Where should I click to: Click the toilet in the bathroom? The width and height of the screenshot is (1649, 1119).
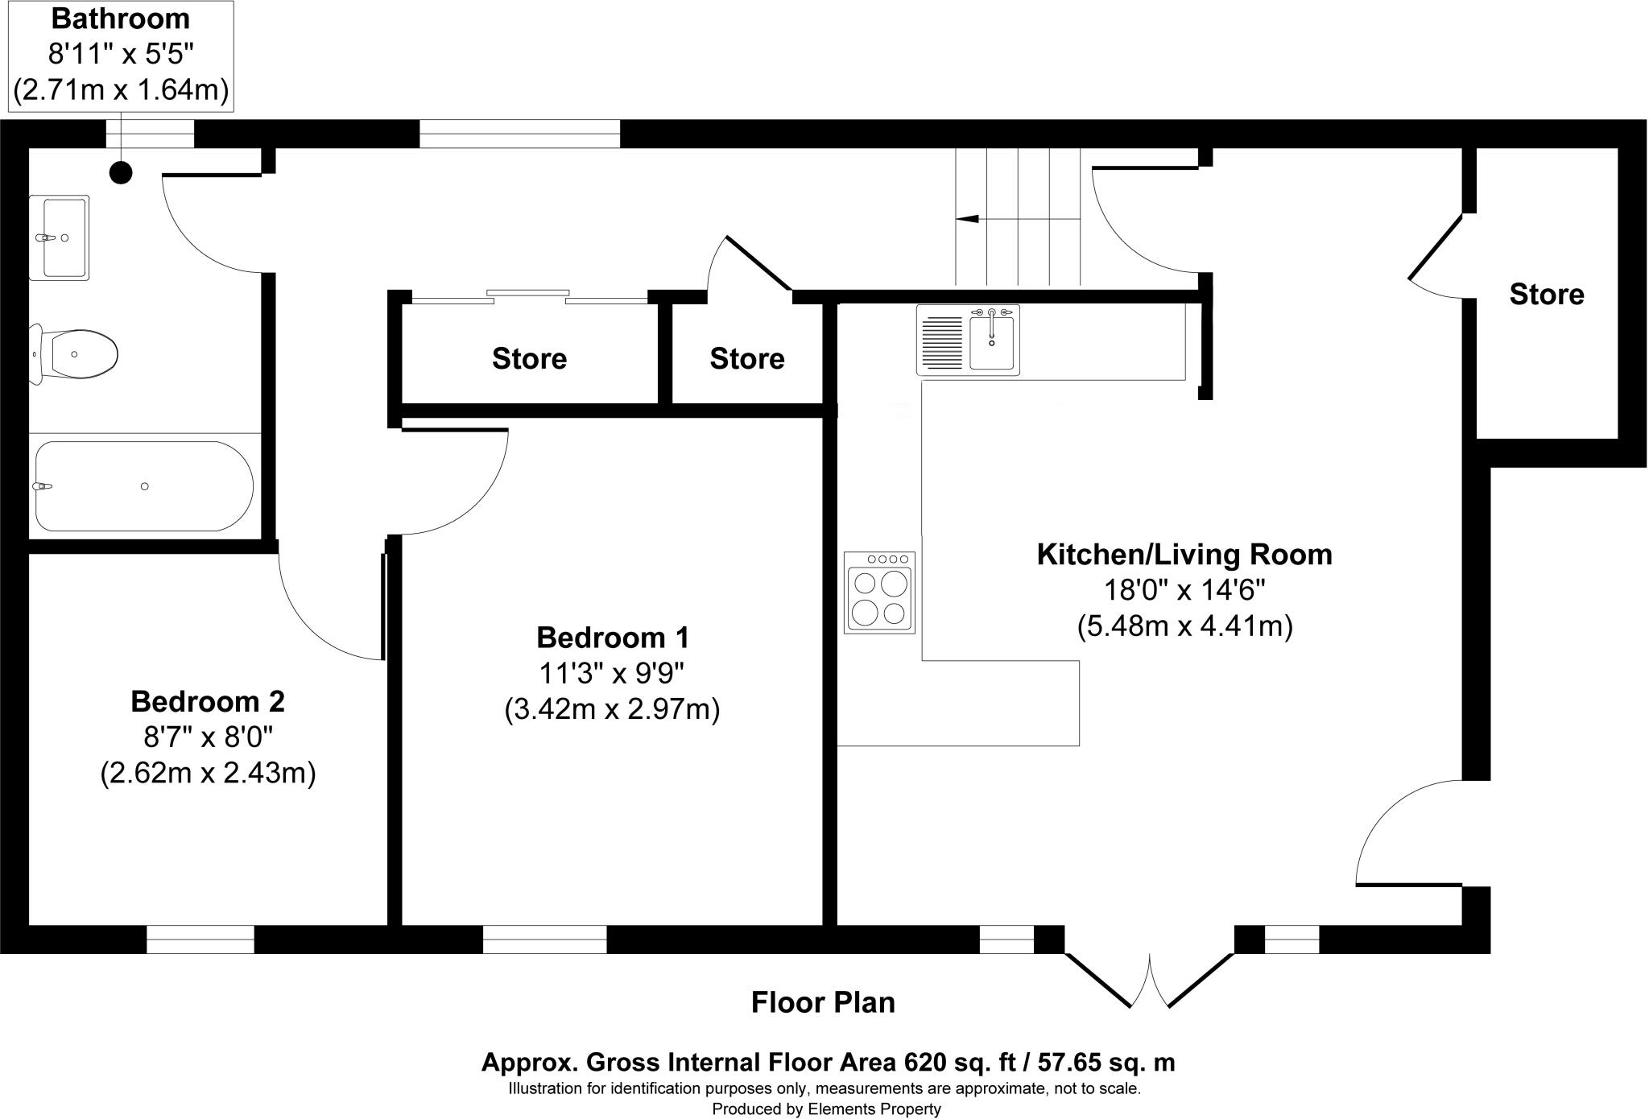[76, 353]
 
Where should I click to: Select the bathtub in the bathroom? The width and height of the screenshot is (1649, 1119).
[143, 486]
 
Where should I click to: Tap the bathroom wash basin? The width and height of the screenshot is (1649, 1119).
[59, 237]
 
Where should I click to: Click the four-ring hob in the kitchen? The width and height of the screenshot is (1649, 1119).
[879, 593]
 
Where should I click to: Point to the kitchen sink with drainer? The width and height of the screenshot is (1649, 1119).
[968, 340]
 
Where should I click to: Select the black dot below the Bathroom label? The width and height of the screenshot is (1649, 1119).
[121, 172]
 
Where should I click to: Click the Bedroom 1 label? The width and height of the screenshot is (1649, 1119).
[612, 638]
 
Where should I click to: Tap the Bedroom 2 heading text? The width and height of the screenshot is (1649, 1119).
[208, 701]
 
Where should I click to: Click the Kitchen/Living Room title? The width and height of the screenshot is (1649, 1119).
[1184, 555]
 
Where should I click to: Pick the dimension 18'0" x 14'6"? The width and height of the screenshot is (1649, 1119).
[1184, 590]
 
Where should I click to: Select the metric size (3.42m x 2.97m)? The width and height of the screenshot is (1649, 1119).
[612, 710]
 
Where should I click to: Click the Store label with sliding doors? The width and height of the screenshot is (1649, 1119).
[529, 358]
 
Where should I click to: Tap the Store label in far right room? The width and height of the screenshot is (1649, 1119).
[1546, 295]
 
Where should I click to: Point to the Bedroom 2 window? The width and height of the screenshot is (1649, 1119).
[200, 939]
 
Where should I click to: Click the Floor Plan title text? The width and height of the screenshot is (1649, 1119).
[823, 1002]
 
